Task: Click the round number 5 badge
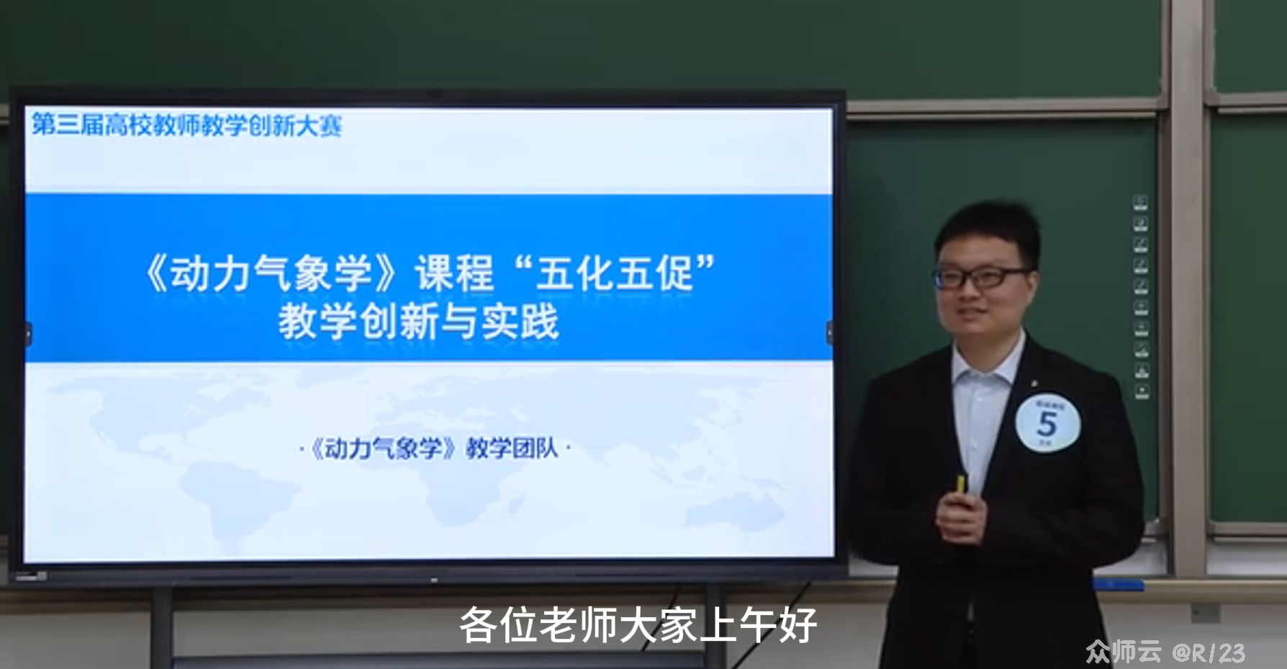[1047, 423]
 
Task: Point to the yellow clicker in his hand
[960, 484]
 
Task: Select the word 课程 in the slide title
[454, 274]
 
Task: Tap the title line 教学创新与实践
[418, 322]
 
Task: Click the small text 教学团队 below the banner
[512, 449]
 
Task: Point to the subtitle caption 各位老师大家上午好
[638, 624]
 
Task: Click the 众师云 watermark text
[1123, 652]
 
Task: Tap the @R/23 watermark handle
[1209, 652]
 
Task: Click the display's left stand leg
[161, 626]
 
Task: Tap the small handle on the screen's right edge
[829, 332]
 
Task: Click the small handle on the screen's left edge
[28, 333]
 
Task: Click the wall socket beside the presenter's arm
[1205, 613]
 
